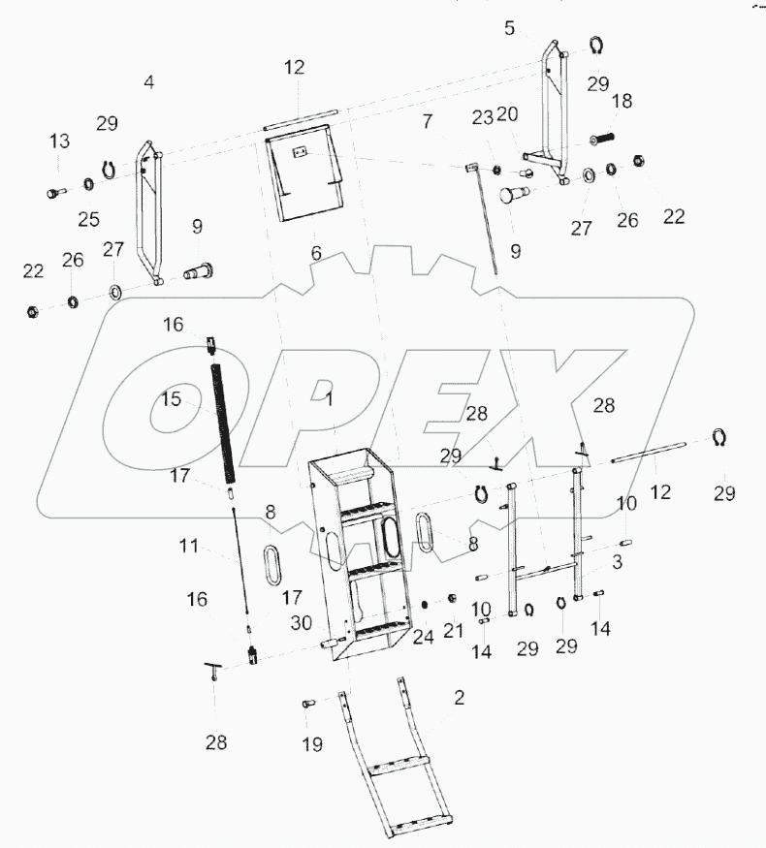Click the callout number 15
coord(171,398)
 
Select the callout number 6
coord(315,253)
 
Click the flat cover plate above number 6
coord(306,175)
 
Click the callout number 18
coord(622,101)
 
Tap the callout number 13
coord(60,141)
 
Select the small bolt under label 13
coord(54,193)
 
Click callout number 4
coord(148,82)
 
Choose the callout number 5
coord(510,27)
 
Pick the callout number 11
coord(188,547)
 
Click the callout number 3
coord(618,561)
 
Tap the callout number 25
coord(88,220)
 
